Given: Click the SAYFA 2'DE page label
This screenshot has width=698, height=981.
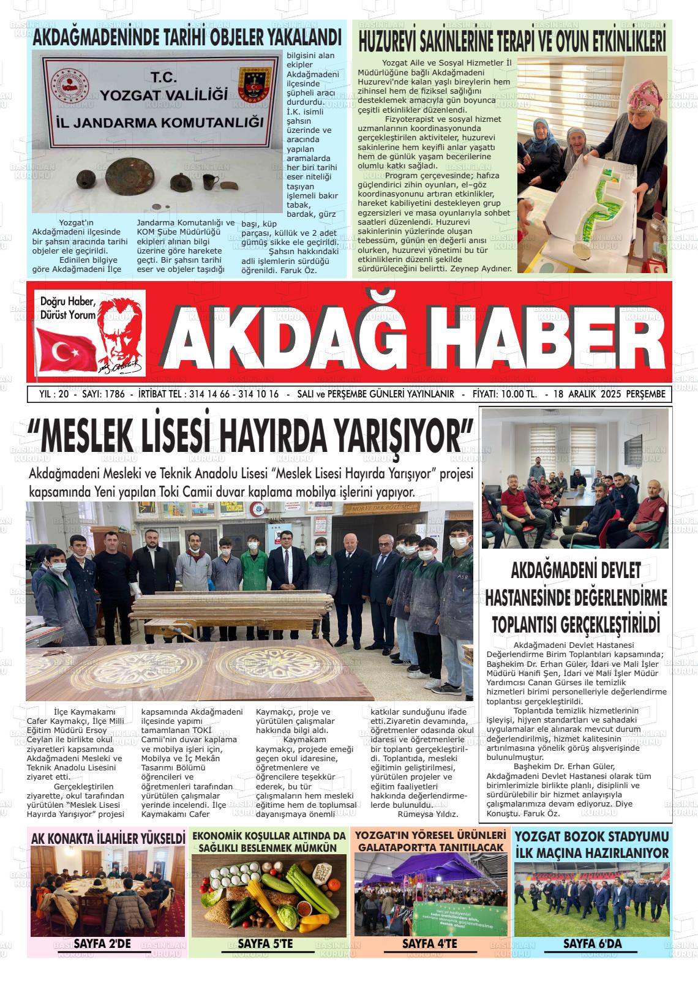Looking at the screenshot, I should point(102,943).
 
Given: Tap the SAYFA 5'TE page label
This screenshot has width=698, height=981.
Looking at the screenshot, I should point(265,944).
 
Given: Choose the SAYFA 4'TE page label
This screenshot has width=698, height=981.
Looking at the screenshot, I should point(429,944).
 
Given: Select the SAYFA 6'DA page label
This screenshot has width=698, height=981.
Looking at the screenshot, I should point(592,944).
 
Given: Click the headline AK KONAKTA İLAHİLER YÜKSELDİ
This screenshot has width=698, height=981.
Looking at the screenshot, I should point(108,838).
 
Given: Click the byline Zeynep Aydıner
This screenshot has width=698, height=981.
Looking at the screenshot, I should point(480,268).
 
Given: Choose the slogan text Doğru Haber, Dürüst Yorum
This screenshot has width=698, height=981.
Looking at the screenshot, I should point(68,308).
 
